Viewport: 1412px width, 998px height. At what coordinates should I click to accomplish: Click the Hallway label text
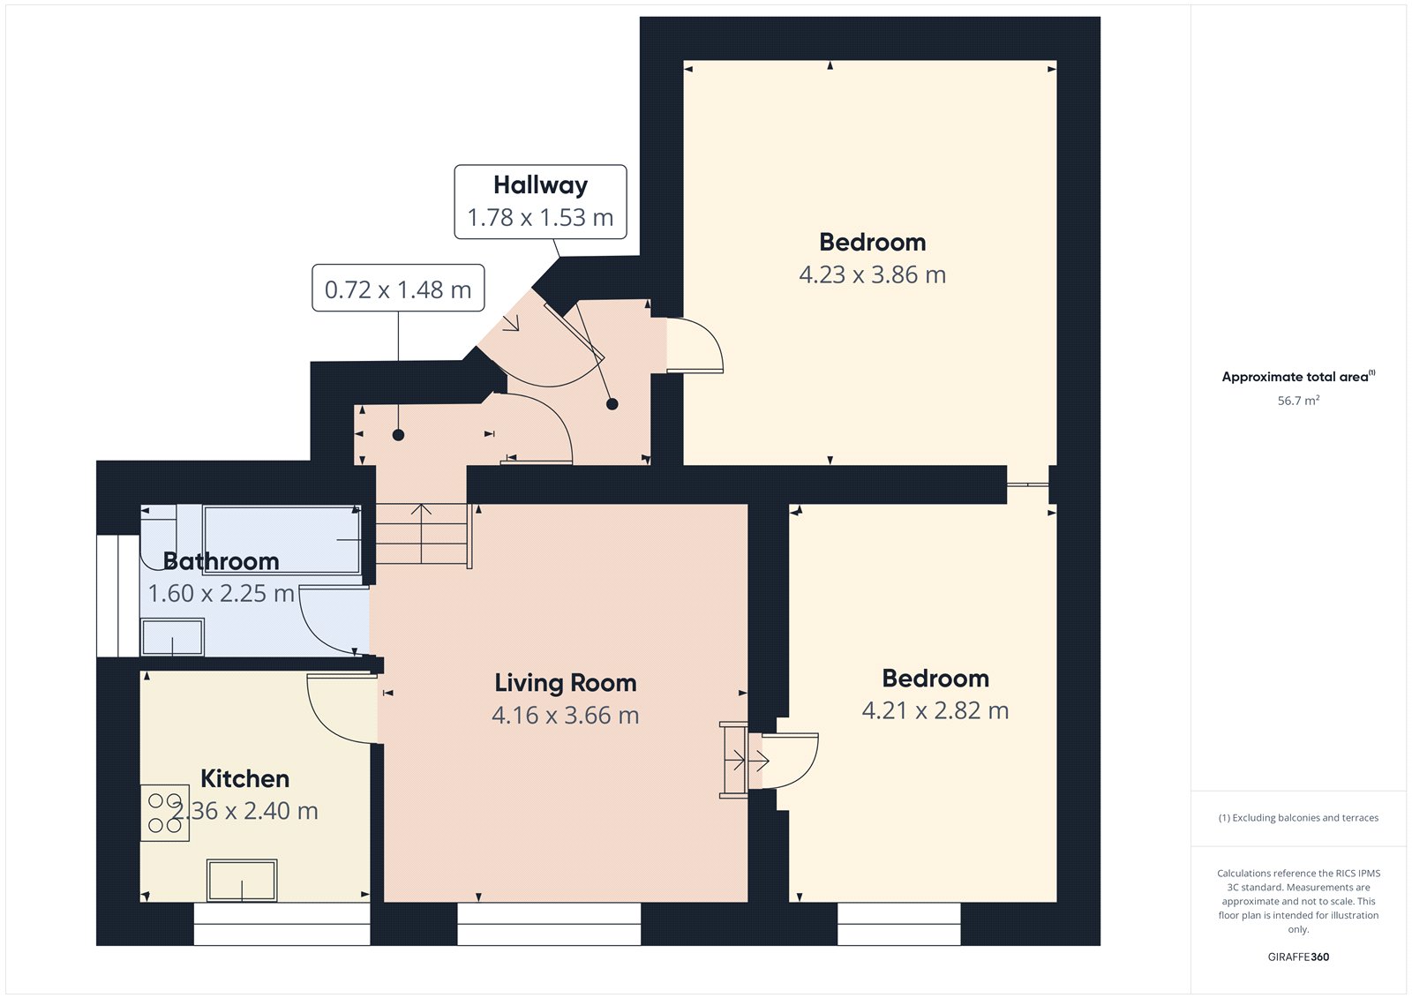click(x=540, y=185)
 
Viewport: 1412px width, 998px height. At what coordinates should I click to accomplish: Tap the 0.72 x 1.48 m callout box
click(x=398, y=289)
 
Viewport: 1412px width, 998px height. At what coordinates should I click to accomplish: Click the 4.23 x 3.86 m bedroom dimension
click(x=872, y=274)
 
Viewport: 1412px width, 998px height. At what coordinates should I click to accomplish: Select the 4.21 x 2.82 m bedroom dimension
click(x=935, y=710)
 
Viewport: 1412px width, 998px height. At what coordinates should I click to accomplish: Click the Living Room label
click(x=565, y=683)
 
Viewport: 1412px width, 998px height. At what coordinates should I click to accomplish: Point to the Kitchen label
click(x=244, y=778)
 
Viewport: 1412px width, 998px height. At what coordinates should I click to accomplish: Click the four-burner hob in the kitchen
click(x=165, y=813)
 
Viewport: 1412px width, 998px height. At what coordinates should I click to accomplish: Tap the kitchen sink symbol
click(x=242, y=880)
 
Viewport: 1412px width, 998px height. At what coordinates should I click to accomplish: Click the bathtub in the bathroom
click(x=282, y=539)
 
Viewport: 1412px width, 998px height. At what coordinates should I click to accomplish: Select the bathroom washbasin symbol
click(x=172, y=636)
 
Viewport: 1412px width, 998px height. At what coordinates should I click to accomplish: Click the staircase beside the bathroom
click(x=422, y=534)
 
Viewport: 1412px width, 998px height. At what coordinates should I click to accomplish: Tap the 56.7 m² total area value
click(x=1298, y=401)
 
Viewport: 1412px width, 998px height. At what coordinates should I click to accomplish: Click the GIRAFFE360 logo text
click(x=1298, y=957)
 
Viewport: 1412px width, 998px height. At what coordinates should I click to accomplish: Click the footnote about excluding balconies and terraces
click(x=1298, y=818)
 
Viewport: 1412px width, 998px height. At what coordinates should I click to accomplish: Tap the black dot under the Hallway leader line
click(x=612, y=404)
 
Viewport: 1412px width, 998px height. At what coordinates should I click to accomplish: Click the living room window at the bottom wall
click(x=549, y=924)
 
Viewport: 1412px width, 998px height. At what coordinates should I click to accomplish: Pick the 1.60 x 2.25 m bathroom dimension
click(x=221, y=593)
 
